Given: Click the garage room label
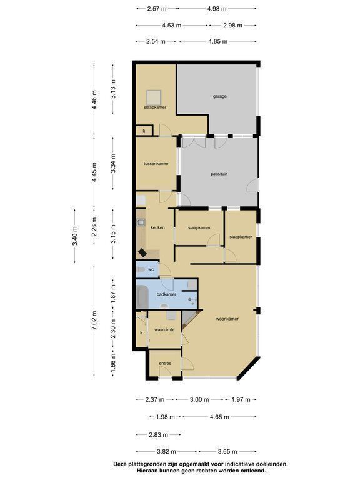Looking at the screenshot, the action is [x=220, y=96].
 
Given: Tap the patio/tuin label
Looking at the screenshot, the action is [x=219, y=174].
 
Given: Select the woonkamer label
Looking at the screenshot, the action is [x=227, y=319].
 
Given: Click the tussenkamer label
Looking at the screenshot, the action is [x=156, y=164].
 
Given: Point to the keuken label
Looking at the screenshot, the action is [x=157, y=227].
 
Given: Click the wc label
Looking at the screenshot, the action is [x=151, y=270].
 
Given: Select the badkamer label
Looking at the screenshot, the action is [x=166, y=294].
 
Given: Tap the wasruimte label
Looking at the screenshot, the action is [x=164, y=330].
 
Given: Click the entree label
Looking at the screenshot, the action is [x=165, y=363].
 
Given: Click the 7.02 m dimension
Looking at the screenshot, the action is [x=94, y=320].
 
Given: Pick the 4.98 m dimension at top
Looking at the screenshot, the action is [x=217, y=9].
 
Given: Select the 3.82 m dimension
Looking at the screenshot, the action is [x=166, y=451].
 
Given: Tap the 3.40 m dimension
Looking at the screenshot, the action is [x=75, y=236].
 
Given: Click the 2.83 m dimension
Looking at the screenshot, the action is [x=158, y=435].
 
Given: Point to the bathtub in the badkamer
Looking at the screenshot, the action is [x=142, y=296].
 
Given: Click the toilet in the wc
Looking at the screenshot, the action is [x=141, y=270].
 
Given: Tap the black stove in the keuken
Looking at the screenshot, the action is [x=142, y=253].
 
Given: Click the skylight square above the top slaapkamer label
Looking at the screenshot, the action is [x=153, y=97].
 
